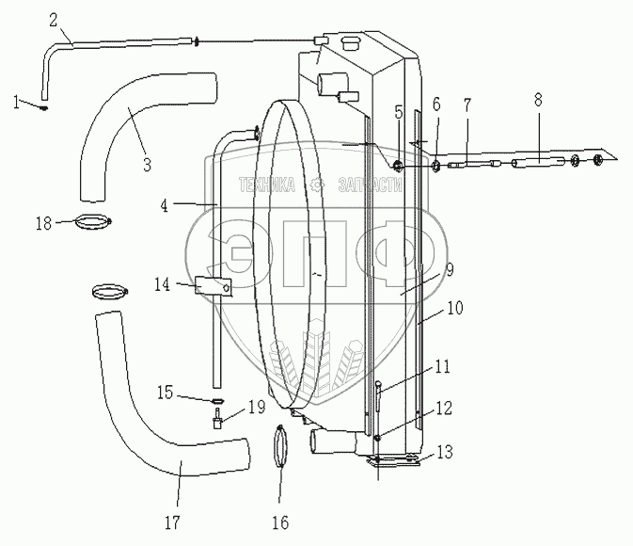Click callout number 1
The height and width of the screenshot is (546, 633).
click(16, 102)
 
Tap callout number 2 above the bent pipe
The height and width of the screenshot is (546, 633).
click(54, 20)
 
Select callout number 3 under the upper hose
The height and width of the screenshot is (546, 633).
click(147, 165)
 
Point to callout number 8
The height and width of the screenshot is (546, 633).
click(538, 100)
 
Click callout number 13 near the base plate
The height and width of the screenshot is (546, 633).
click(445, 452)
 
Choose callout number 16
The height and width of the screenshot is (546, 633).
click(280, 522)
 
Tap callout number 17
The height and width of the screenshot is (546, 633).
click(172, 522)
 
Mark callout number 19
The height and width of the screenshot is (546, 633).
click(257, 407)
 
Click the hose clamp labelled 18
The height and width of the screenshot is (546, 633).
click(93, 222)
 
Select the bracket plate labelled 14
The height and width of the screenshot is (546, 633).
click(214, 286)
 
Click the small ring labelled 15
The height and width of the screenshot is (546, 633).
click(217, 401)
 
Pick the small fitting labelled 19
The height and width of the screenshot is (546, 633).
click(217, 420)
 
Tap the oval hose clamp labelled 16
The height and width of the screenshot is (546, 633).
click(280, 445)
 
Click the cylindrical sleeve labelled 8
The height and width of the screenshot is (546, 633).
click(538, 163)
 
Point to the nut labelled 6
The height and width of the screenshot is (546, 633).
click(436, 166)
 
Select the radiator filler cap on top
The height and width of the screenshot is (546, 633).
click(351, 43)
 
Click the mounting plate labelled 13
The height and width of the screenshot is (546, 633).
click(393, 461)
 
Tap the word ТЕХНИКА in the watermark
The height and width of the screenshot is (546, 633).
click(267, 185)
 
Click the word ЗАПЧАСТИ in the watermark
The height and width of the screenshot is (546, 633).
click(371, 185)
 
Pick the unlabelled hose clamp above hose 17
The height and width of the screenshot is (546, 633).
click(110, 292)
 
